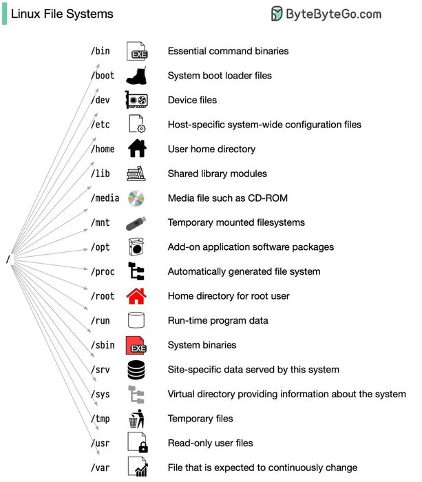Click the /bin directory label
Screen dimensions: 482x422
point(101,51)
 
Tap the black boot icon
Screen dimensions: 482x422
point(138,75)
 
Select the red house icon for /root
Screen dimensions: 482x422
point(138,296)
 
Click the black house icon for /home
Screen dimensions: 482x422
point(138,149)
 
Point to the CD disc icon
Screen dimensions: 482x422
point(138,198)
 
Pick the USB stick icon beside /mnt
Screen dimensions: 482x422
point(138,223)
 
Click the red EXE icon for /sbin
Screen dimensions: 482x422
point(138,345)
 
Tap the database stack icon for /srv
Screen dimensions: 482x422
point(138,370)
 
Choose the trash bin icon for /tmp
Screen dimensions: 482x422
point(138,419)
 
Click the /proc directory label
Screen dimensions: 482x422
point(103,271)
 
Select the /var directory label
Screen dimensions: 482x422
point(101,468)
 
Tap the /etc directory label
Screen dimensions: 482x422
point(101,125)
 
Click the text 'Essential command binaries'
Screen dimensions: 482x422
point(228,51)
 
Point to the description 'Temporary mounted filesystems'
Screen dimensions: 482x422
point(236,222)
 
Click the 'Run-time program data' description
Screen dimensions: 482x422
point(218,320)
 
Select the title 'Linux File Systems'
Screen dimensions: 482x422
point(62,14)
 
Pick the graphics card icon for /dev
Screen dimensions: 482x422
point(137,100)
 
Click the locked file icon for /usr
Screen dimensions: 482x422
point(138,443)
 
